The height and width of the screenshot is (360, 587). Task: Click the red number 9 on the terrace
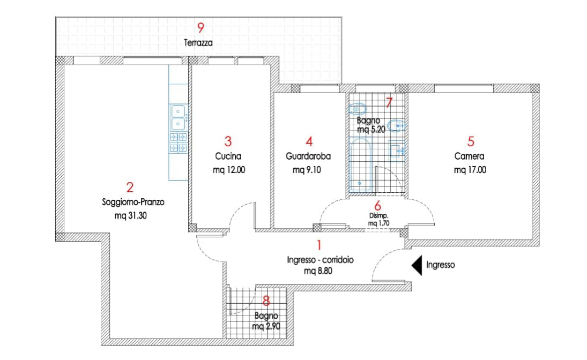200,28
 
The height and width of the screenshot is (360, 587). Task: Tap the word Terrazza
198,43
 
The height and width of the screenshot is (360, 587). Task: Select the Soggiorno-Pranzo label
133,202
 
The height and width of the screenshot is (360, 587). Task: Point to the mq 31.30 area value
131,216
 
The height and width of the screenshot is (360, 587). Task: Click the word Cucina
228,156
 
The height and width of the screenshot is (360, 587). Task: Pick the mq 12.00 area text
229,170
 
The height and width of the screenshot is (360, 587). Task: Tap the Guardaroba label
308,156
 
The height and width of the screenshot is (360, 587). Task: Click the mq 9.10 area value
307,170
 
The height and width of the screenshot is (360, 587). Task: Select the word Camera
470,156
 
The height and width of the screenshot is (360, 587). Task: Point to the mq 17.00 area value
470,170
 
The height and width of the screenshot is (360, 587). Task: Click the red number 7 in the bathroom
389,102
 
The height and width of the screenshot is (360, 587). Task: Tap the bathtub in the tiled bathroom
360,165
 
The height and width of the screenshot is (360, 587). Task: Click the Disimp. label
379,216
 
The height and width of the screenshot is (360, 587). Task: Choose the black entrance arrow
417,265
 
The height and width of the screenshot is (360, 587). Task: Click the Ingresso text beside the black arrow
441,265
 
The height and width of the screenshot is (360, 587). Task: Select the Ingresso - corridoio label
320,260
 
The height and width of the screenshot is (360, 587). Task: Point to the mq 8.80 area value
318,271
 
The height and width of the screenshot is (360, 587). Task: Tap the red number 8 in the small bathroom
266,301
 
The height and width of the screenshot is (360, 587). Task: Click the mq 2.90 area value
266,327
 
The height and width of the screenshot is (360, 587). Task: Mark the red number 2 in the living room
130,187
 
